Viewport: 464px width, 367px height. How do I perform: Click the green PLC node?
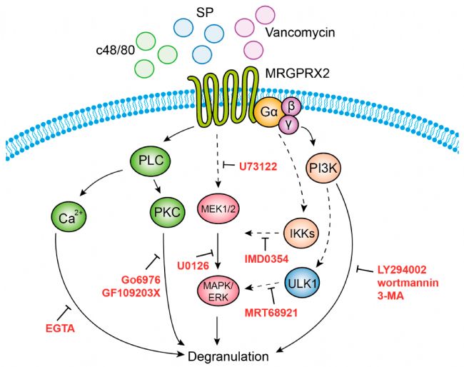[x=151, y=161]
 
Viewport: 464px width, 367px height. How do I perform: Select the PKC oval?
[x=167, y=212]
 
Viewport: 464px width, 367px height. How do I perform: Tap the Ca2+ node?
[x=69, y=217]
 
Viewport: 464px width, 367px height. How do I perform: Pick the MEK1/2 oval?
[x=218, y=209]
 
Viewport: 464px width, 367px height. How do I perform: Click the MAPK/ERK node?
[x=218, y=291]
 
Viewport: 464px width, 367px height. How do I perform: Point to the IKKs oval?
[x=302, y=233]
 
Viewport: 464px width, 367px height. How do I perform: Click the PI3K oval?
[x=323, y=168]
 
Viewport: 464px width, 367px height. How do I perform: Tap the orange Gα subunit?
[x=269, y=112]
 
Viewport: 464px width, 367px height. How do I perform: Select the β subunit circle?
[x=291, y=106]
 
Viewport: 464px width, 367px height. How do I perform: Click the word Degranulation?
[x=228, y=356]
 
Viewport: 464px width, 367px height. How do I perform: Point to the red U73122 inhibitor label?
[x=258, y=166]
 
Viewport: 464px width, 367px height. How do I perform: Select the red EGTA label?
[x=60, y=328]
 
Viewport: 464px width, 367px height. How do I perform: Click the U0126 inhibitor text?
[x=193, y=266]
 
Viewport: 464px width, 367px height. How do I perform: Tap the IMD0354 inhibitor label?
[x=266, y=259]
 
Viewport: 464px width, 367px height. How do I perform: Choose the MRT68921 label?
[x=271, y=313]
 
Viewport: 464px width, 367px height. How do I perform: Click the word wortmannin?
[x=408, y=283]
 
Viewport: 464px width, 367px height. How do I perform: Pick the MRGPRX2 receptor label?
[x=298, y=73]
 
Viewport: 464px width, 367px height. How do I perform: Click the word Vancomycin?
[x=300, y=32]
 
